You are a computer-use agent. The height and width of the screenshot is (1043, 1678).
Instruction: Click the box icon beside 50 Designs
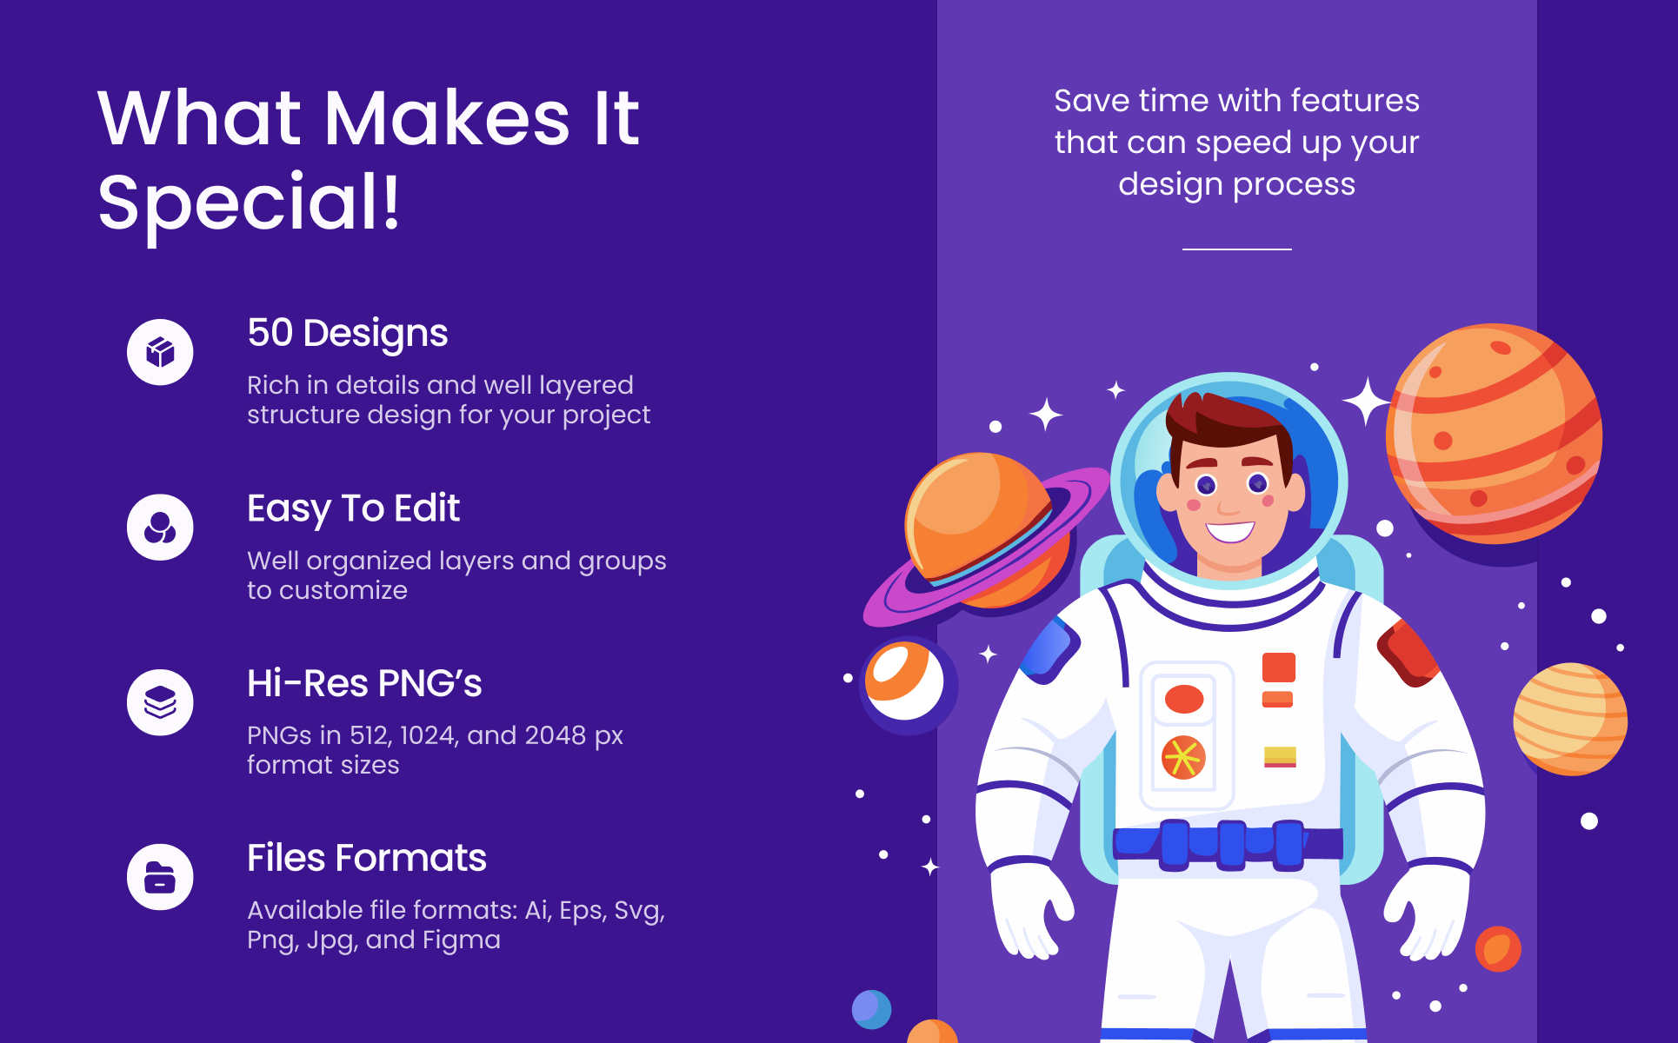point(160,352)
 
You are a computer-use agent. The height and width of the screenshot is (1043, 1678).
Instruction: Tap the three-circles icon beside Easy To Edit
point(160,528)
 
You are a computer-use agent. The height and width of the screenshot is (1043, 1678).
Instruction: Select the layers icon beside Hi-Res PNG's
point(160,702)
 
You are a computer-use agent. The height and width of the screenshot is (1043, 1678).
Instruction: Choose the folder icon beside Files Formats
point(160,877)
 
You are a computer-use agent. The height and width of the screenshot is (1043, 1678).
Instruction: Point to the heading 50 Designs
point(348,333)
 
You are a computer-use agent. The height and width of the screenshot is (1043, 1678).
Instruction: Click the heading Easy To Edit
point(353,508)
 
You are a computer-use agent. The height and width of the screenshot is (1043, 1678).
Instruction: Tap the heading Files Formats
point(367,858)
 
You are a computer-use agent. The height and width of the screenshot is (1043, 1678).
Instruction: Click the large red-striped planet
point(1494,434)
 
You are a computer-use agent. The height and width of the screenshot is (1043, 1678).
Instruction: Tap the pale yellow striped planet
point(1570,719)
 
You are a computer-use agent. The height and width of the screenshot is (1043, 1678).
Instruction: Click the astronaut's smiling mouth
point(1230,530)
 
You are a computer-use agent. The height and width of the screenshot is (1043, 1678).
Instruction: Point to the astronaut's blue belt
point(1228,843)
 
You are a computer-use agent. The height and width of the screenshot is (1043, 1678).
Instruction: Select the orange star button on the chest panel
point(1183,757)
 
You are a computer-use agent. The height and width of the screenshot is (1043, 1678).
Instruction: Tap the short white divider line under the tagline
point(1236,249)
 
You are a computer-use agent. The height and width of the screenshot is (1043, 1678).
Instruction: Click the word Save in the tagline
point(1091,101)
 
